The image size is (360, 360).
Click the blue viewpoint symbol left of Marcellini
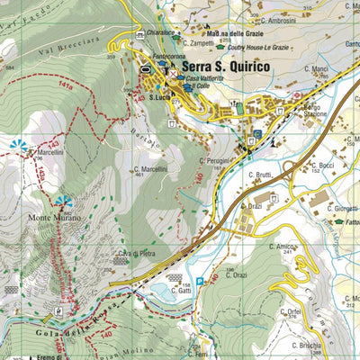pos(18,144)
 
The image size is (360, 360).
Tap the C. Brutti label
pos(256,175)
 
